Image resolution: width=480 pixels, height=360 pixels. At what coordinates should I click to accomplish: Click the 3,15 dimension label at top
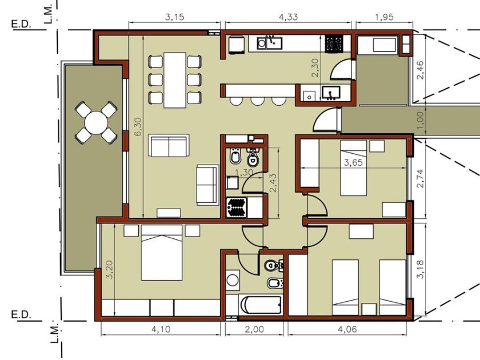tap(174, 17)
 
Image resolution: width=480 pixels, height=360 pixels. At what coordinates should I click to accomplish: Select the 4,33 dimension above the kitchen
tap(288, 17)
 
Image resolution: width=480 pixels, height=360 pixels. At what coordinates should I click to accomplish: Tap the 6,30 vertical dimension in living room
tap(138, 127)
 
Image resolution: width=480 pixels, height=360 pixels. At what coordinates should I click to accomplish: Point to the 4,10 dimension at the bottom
tap(161, 329)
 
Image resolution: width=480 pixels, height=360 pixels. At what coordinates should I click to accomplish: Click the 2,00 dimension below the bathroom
tap(254, 329)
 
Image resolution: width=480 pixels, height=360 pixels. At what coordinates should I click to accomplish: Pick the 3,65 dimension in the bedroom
tap(353, 162)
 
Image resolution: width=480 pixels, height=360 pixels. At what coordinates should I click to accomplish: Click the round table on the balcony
tap(96, 123)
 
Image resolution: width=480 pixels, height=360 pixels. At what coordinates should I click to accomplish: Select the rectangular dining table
tap(175, 80)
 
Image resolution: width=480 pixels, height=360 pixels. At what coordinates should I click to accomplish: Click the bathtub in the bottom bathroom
tap(261, 305)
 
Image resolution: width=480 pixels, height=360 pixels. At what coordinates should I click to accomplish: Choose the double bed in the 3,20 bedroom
tap(162, 253)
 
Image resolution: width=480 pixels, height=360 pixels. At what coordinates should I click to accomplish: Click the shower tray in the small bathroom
tap(237, 207)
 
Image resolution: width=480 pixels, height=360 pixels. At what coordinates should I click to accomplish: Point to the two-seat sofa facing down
tap(169, 146)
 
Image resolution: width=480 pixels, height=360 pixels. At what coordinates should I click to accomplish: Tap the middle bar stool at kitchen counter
tap(257, 101)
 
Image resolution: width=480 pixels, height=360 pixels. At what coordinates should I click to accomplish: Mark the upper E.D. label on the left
tap(22, 24)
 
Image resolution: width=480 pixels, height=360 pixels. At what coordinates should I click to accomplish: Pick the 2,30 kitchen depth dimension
tap(315, 67)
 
